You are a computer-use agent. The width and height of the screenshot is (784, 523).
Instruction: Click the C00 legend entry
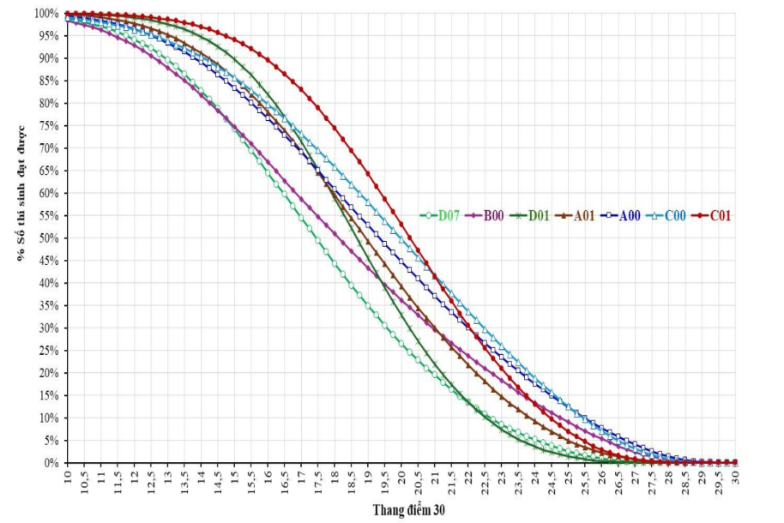tap(674, 216)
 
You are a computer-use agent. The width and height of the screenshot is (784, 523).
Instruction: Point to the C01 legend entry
tap(720, 216)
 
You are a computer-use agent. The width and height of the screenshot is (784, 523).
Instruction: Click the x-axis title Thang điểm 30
tap(408, 509)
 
